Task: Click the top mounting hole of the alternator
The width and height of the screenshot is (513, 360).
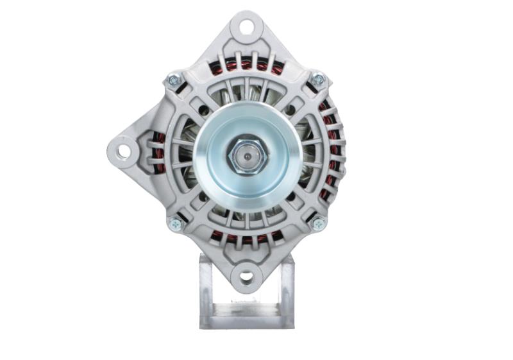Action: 246,27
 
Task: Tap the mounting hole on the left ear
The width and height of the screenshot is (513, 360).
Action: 123,151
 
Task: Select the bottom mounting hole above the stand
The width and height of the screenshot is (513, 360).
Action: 246,277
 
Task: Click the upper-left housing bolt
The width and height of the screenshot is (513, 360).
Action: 173,80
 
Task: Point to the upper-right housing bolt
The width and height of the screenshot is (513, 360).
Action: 317,80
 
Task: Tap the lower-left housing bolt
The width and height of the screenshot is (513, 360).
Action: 174,224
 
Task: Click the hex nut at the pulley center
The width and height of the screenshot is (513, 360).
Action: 246,155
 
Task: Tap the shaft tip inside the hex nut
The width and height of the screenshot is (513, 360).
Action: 246,155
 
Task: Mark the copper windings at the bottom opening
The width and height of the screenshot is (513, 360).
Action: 246,238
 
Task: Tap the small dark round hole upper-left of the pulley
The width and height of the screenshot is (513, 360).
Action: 204,110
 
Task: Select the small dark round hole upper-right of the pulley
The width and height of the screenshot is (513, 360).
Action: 290,110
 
